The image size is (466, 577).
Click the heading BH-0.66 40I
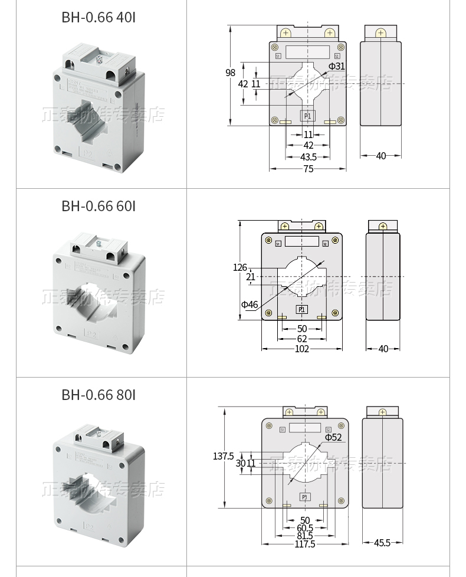[x=99, y=17]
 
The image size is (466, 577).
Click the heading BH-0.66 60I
[x=99, y=206]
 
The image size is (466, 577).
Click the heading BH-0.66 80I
[x=99, y=395]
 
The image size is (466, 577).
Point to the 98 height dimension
[x=230, y=73]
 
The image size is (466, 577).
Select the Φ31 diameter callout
[x=336, y=66]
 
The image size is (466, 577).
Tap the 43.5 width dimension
[x=309, y=157]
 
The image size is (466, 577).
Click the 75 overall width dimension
[x=309, y=169]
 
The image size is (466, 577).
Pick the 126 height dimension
[x=239, y=267]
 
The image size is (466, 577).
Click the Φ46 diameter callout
[x=250, y=304]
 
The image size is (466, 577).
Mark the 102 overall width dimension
[x=302, y=349]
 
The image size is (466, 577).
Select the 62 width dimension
[x=302, y=339]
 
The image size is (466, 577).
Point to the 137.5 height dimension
[x=224, y=456]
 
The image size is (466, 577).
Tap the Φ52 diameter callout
[x=333, y=437]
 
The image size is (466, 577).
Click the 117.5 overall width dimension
[x=305, y=544]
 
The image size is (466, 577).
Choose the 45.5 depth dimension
[x=382, y=543]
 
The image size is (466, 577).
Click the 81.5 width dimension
[x=305, y=536]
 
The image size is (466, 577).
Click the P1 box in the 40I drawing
[x=307, y=116]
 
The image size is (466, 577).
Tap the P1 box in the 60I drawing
[x=301, y=309]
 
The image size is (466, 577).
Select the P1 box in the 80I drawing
[x=305, y=497]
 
